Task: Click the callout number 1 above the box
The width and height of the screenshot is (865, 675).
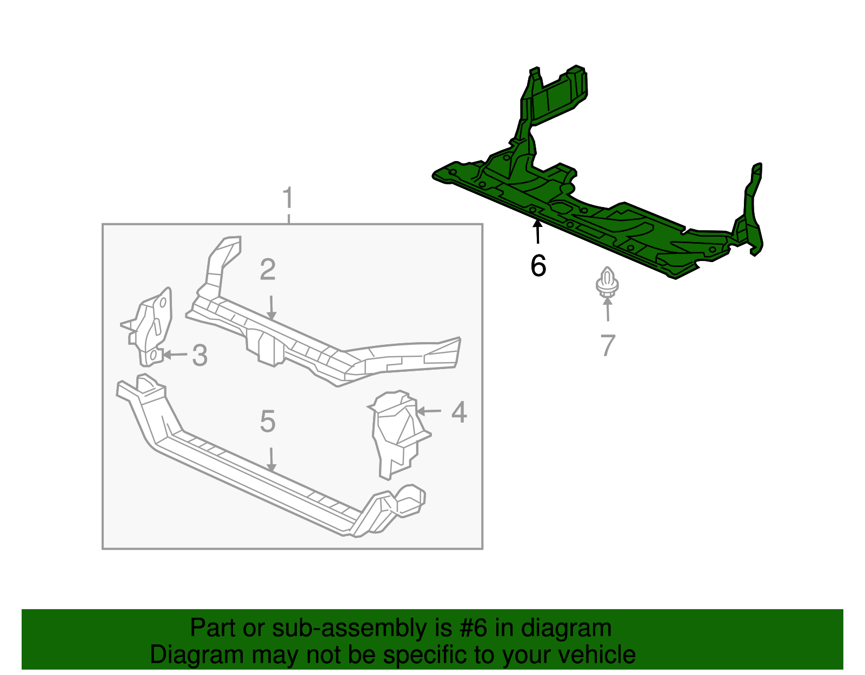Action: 288,198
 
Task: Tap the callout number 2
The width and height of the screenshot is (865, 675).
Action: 268,270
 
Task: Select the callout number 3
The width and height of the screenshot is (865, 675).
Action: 200,356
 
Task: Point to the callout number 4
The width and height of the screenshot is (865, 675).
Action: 459,412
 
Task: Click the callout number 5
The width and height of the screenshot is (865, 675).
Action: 268,422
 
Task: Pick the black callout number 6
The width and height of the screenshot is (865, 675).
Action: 538,266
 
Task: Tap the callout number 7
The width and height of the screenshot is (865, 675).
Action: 608,345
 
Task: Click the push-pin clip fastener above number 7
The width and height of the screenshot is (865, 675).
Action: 607,282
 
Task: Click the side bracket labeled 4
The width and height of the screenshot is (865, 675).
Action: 397,432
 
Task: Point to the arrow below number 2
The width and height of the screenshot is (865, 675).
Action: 271,308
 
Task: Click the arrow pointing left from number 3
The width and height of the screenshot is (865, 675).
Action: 174,355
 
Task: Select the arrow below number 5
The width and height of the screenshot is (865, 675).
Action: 271,459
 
